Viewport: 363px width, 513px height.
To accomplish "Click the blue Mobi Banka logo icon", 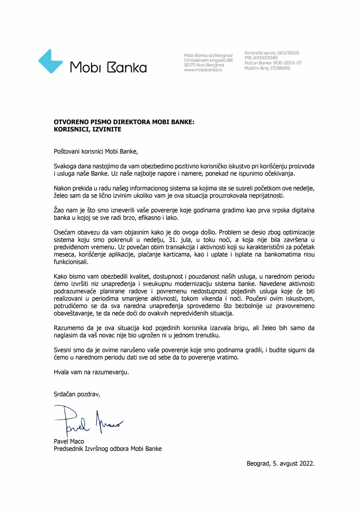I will [50, 61].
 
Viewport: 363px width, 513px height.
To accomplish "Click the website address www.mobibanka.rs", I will [203, 70].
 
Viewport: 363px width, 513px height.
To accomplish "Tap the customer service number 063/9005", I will [288, 53].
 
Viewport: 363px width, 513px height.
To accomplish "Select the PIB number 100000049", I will [265, 58].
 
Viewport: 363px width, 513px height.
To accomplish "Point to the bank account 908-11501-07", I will [287, 63].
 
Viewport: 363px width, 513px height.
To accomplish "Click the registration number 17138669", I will [280, 68].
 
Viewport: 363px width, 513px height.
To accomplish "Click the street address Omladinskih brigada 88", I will [208, 60].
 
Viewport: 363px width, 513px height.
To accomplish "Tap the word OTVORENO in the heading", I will [67, 122].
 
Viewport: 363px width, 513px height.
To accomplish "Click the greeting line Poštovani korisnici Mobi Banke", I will [96, 151].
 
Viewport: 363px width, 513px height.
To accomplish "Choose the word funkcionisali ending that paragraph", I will [71, 262].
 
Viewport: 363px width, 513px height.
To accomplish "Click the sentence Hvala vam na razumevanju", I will [91, 372].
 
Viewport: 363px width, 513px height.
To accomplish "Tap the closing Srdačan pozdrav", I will [77, 394].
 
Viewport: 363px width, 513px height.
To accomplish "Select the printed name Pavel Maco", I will [69, 441].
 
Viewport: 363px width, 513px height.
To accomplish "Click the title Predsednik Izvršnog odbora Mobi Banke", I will [108, 449].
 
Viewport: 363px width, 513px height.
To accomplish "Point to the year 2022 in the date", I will [307, 464].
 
